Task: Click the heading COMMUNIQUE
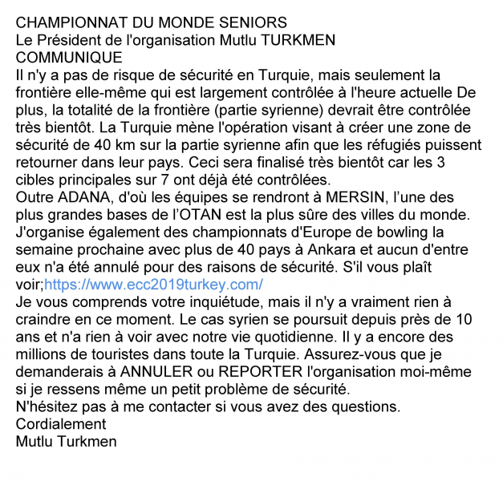pyautogui.click(x=69, y=58)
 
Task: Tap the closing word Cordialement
pyautogui.click(x=61, y=425)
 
